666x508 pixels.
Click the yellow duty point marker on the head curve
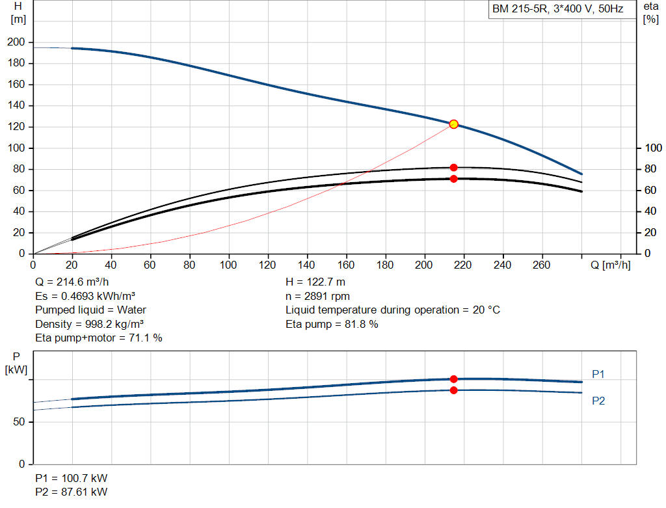coord(453,124)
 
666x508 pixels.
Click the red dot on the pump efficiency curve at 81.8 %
coord(453,168)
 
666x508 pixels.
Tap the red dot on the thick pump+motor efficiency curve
coord(453,179)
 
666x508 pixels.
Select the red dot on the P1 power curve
coord(453,379)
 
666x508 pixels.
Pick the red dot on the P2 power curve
coord(453,390)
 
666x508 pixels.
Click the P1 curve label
coord(598,374)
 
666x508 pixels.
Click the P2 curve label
coord(598,401)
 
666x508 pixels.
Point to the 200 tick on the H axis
coord(16,42)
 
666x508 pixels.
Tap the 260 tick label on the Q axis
coord(542,265)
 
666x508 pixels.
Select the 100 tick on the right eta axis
coord(653,148)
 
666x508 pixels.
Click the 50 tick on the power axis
coord(19,421)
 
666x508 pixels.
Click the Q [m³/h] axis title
coord(610,265)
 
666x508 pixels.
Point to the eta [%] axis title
coord(650,13)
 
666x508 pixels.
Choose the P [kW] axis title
coord(16,363)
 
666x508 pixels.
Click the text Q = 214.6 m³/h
coord(72,282)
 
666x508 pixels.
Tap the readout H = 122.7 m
coord(315,282)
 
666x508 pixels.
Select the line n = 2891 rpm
coord(317,297)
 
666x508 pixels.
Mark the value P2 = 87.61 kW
coord(72,492)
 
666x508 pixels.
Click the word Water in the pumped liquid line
coord(131,310)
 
